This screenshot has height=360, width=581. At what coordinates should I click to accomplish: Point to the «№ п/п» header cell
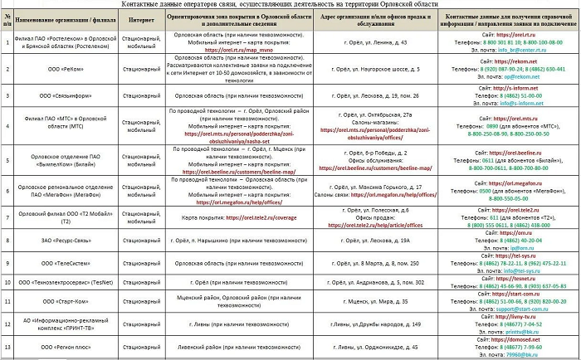point(7,19)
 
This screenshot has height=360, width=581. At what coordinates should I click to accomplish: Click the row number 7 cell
point(7,219)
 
